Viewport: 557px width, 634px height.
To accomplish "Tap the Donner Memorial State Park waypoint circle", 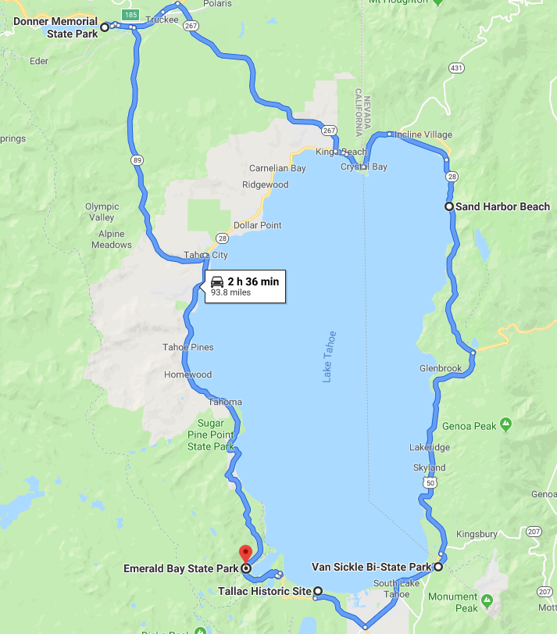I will coord(105,27).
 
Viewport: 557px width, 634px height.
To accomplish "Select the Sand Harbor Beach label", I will coord(503,206).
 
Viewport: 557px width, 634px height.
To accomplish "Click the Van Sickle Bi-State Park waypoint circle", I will coord(438,567).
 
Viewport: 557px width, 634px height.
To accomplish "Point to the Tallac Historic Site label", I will coord(265,591).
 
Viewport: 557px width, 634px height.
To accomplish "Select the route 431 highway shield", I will coord(457,68).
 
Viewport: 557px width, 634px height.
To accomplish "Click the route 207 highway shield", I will coord(534,532).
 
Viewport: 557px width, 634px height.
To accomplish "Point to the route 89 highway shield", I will coord(137,159).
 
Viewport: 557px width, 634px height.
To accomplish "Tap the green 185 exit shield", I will coord(130,14).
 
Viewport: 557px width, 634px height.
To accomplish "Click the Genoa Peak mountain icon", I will coord(506,425).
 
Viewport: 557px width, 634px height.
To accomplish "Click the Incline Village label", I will coord(423,134).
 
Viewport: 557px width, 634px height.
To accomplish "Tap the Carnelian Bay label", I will coord(277,168).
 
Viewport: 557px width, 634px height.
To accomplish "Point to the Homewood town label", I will coord(187,374).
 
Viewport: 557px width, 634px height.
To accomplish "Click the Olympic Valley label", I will coord(102,212).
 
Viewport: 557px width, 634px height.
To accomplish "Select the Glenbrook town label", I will coord(441,367).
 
